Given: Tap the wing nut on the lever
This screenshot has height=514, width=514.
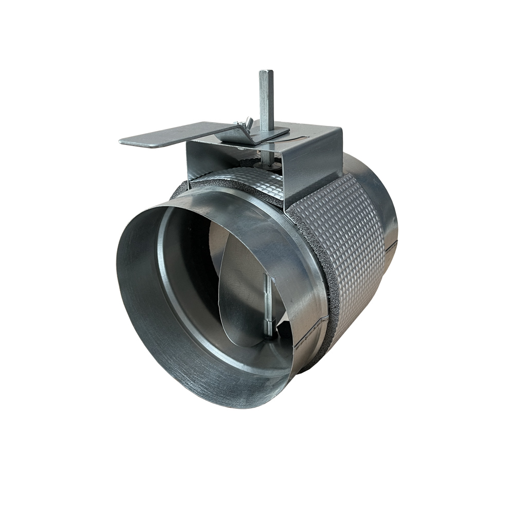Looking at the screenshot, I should point(245,123).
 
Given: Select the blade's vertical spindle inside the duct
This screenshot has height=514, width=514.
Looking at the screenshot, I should point(266,298).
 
